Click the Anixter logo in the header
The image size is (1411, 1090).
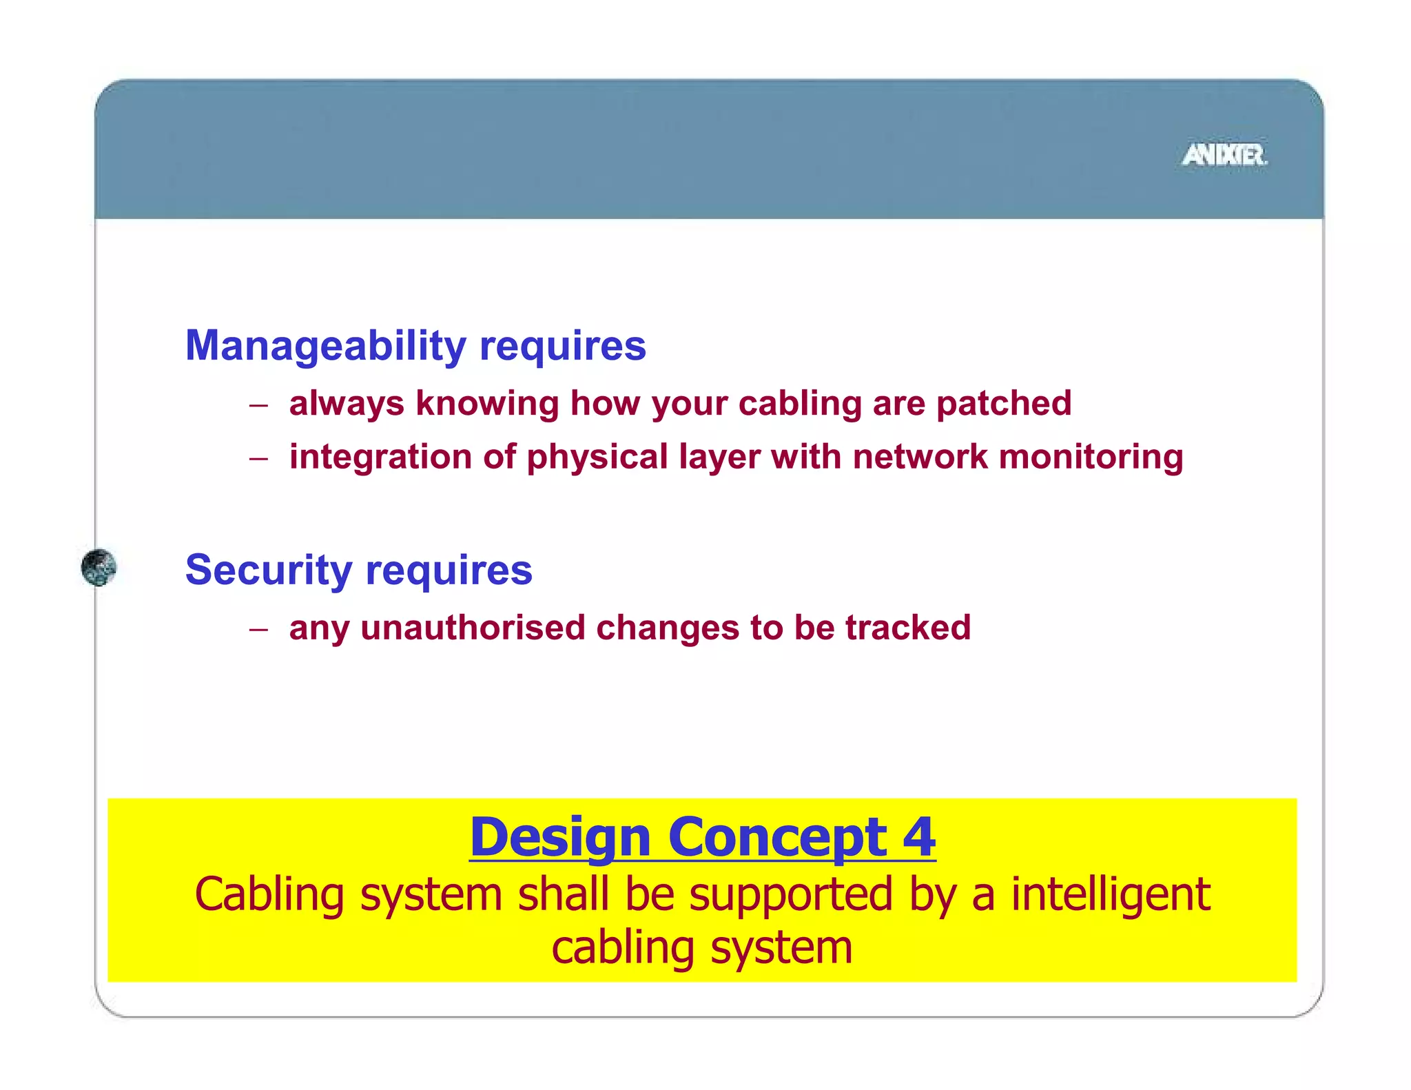(1224, 155)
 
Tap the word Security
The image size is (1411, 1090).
(269, 570)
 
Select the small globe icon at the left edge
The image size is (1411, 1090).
(99, 568)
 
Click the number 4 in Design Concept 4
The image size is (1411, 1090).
(919, 837)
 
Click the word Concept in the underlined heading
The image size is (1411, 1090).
(778, 839)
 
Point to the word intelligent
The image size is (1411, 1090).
(1110, 895)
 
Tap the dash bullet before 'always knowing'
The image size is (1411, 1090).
(258, 405)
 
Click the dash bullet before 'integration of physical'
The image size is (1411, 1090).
(258, 459)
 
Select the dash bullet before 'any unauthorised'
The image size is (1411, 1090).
(258, 629)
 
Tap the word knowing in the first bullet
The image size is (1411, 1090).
(487, 404)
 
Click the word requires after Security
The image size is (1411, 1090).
(449, 571)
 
